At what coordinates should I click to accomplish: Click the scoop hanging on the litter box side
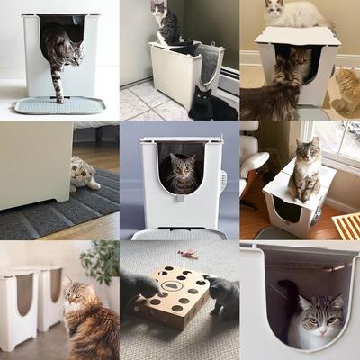point(223,183)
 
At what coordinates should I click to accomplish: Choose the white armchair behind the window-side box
point(253,166)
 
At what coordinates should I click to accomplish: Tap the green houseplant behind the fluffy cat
point(101,261)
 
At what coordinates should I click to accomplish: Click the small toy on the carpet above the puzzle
point(188,256)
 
